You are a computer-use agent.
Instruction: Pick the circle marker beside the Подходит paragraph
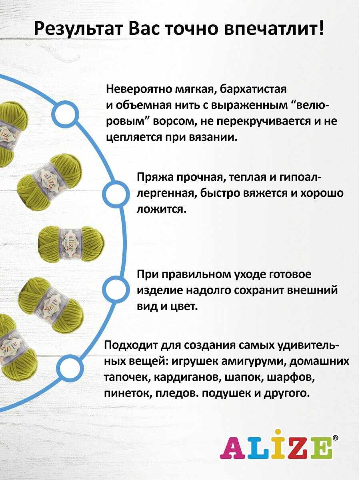coord(70,366)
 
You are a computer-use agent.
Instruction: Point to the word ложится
coord(161,209)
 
